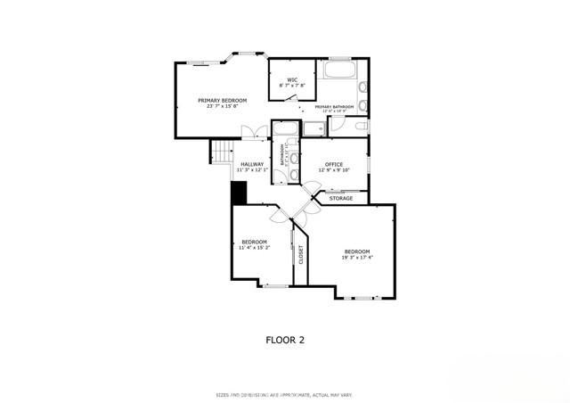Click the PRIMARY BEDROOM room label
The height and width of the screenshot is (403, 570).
click(222, 100)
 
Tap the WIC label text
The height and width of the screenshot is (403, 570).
click(291, 79)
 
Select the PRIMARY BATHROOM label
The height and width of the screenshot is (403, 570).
click(334, 107)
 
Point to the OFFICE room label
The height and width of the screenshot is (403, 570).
click(334, 164)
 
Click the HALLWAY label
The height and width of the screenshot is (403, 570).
click(251, 164)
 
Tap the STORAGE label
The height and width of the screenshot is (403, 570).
click(341, 198)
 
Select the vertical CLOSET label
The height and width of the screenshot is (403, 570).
click(301, 255)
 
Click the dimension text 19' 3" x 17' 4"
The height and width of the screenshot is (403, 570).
click(357, 257)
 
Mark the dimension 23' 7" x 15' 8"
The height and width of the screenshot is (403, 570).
click(222, 107)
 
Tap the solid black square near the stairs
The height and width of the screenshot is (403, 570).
click(238, 192)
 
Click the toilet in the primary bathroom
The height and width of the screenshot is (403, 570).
click(361, 127)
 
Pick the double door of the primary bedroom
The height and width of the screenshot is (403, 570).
click(255, 134)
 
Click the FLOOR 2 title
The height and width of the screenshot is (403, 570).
click(285, 339)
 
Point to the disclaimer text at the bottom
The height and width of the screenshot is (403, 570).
click(285, 393)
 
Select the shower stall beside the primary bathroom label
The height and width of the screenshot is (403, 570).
click(313, 128)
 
